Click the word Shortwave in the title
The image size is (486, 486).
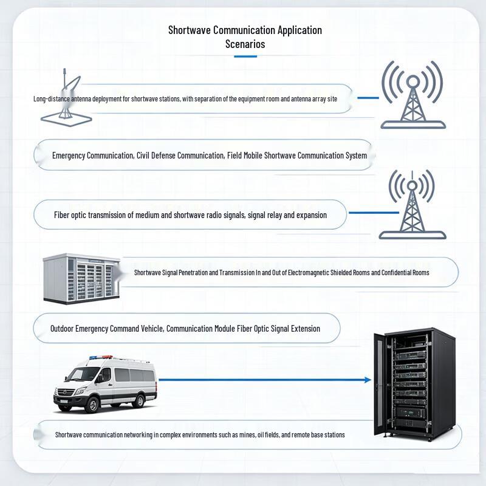[190, 30]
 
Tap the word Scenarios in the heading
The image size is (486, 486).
[245, 44]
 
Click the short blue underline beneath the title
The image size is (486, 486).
[245, 56]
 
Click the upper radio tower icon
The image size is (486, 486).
[413, 95]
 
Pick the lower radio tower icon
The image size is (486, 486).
[412, 205]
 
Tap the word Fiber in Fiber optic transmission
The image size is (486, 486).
[62, 215]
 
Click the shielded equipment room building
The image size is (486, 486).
[81, 278]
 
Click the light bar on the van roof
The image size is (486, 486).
[101, 357]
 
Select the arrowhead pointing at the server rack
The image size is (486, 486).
[368, 380]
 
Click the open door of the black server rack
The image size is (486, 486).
[379, 385]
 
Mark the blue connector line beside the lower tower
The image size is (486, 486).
[374, 213]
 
